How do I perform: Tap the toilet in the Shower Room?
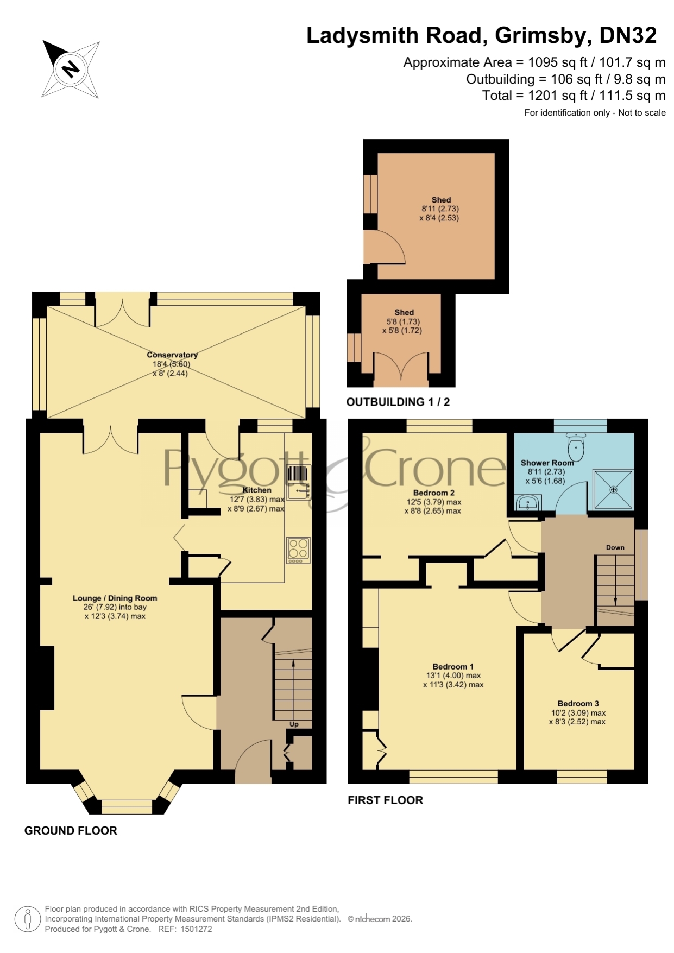(x=575, y=446)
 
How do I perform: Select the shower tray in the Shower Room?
(x=614, y=489)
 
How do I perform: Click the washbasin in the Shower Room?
(x=527, y=502)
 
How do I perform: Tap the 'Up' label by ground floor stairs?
(x=294, y=724)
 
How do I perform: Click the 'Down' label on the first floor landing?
(x=615, y=547)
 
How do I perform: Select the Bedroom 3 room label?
(x=578, y=703)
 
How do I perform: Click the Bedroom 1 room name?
(x=453, y=666)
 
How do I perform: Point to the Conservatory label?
(x=172, y=355)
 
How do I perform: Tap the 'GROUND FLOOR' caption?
(x=71, y=830)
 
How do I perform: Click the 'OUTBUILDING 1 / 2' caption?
(x=398, y=402)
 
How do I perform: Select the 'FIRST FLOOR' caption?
(x=385, y=800)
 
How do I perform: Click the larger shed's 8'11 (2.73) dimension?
(x=440, y=209)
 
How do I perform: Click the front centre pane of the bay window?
(x=127, y=806)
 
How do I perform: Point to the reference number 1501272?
(x=196, y=929)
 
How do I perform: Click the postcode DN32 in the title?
(x=628, y=35)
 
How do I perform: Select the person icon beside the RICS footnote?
(x=27, y=919)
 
